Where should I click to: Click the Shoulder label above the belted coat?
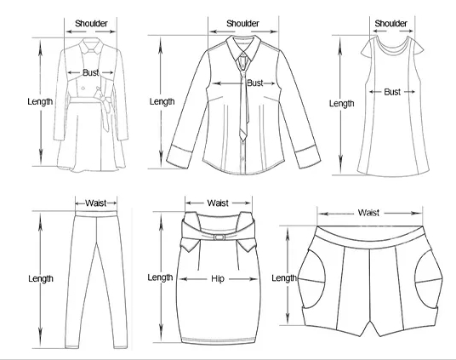[x=91, y=23]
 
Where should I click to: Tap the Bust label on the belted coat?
[x=91, y=72]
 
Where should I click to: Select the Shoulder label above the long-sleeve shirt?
[x=242, y=23]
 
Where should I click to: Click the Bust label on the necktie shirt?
[x=255, y=83]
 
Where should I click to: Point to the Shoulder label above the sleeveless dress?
[x=390, y=23]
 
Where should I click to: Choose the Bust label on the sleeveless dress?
[x=392, y=92]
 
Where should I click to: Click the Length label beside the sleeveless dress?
[x=342, y=104]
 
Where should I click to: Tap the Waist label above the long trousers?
[x=96, y=203]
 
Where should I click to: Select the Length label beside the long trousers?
[x=41, y=279]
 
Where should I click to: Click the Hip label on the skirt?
[x=218, y=279]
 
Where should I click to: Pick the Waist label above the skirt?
[x=218, y=203]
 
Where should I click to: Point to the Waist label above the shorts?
[x=368, y=213]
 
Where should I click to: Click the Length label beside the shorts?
[x=284, y=278]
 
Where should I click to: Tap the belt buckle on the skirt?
[x=219, y=237]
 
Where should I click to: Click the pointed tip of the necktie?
[x=242, y=141]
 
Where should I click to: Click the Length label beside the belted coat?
[x=40, y=101]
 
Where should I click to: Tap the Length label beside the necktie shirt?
[x=162, y=101]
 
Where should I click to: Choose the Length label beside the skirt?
[x=160, y=277]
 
